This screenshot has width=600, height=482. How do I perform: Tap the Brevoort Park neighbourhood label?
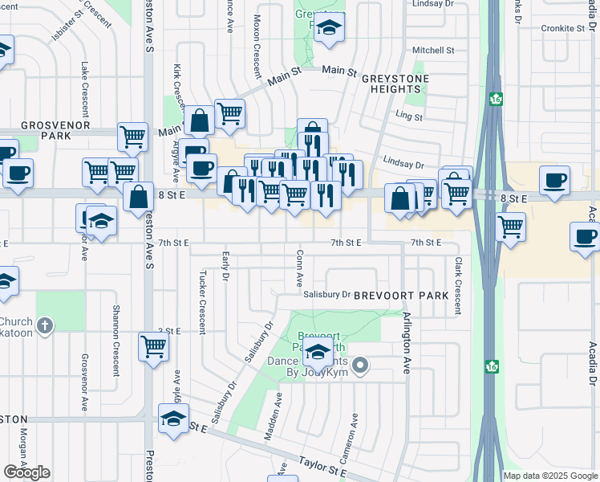pos(401,296)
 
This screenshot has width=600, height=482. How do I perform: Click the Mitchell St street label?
pos(433,50)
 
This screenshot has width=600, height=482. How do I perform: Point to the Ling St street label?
pos(409,116)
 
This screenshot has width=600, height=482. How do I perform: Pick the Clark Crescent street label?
pos(458,285)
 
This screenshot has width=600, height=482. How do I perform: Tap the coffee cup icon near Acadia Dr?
pos(584,235)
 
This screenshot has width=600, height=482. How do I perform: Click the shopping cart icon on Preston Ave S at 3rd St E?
pos(152,346)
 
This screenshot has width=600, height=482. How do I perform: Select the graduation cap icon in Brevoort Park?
pos(318,350)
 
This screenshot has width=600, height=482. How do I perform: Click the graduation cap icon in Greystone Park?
pos(327,27)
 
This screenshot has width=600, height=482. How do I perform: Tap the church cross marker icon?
pos(46,326)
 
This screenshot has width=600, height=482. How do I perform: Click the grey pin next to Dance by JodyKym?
pos(361,366)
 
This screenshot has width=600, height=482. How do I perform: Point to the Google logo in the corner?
pos(26,472)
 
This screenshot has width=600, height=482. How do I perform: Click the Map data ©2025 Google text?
pos(550,476)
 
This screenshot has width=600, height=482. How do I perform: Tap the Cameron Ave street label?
pos(354,435)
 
